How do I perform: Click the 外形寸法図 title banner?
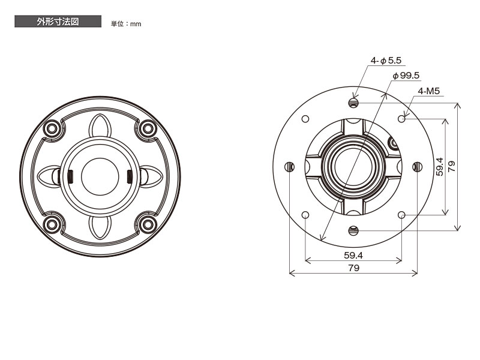click(58, 22)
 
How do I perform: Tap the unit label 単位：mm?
click(126, 24)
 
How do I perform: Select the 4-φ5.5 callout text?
click(386, 61)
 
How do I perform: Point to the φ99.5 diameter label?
click(406, 76)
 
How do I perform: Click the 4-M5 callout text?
click(428, 91)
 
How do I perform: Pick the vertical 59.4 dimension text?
click(440, 167)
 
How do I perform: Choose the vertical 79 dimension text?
click(452, 167)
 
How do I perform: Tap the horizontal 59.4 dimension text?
click(353, 255)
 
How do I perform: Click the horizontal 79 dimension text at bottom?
click(353, 268)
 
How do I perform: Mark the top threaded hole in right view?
click(353, 103)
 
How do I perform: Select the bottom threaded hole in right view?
click(353, 230)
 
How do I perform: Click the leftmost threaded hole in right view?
click(290, 167)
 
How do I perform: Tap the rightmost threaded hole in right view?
click(418, 167)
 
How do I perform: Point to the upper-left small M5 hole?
click(305, 119)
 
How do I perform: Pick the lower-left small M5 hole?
click(305, 215)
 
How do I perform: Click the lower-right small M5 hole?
click(401, 215)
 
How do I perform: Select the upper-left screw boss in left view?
click(52, 128)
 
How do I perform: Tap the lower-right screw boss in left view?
click(148, 224)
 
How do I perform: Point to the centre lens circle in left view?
click(100, 176)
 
